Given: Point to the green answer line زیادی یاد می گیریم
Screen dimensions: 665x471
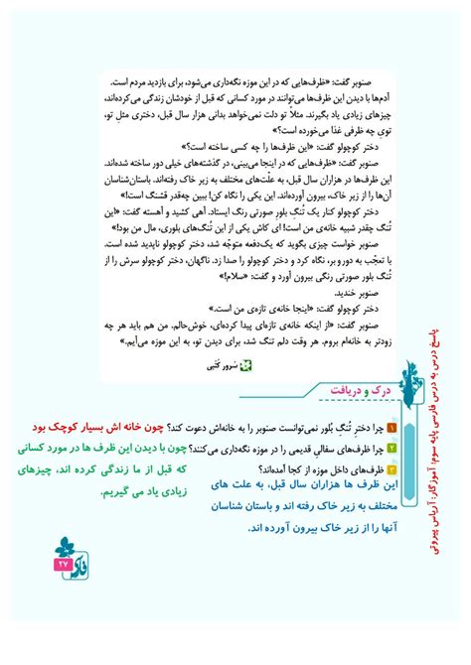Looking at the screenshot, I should (x=125, y=492).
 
